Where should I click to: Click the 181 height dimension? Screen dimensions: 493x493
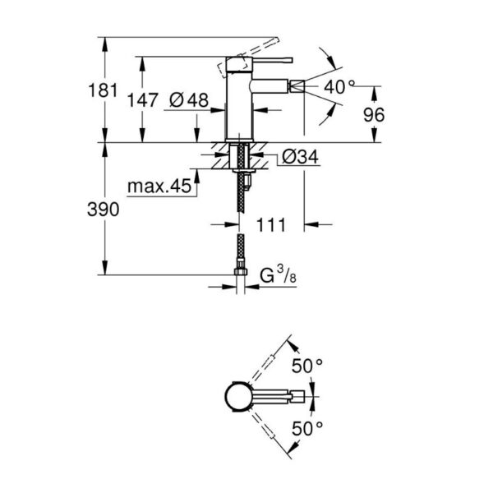coord(104,90)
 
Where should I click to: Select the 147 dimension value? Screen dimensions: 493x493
coord(142,100)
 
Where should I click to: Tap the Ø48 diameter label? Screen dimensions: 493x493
coord(189,100)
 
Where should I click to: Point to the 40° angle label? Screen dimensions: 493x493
coord(339,87)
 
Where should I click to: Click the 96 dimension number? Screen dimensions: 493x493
coord(374,115)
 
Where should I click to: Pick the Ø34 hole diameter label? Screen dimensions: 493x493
coord(300,156)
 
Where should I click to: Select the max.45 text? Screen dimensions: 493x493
coord(159,187)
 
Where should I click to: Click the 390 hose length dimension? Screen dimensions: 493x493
coord(104,210)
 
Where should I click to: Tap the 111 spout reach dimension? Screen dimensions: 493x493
coord(271,225)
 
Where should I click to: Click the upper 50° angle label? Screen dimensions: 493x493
coord(306,366)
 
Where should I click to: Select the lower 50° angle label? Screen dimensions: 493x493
coord(306,429)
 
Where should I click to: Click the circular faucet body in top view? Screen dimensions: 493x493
coord(238,397)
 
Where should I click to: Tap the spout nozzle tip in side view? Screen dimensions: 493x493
coord(297,86)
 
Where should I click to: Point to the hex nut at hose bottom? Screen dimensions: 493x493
coord(241,272)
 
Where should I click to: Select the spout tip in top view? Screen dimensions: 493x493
coord(297,397)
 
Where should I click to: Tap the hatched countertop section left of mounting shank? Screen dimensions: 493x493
coord(219,155)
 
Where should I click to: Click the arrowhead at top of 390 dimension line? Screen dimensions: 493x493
coord(105,150)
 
